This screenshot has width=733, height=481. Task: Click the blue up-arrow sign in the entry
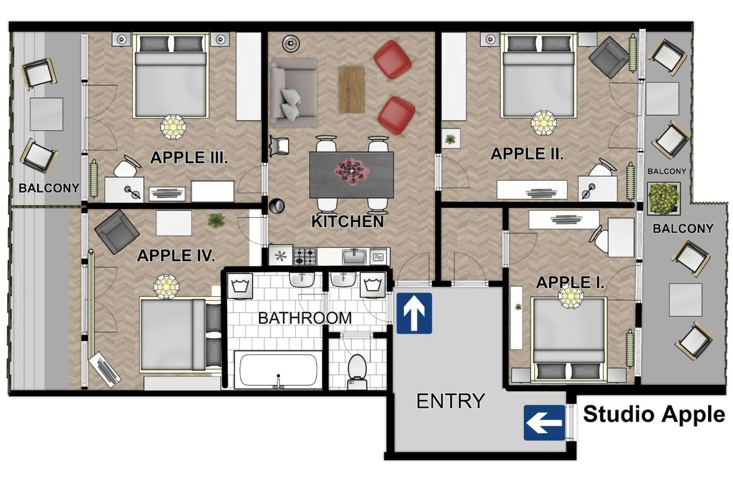pos(414,313)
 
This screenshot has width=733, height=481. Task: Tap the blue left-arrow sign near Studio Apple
pos(544,422)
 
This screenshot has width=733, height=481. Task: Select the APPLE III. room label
pos(189,158)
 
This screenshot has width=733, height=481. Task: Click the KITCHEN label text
pos(347,222)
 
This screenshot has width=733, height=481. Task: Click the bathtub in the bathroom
pos(278,370)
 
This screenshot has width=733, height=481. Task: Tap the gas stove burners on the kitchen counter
pos(305,256)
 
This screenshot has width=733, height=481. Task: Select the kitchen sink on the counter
pos(354,257)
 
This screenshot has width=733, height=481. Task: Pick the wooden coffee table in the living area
pos(351,89)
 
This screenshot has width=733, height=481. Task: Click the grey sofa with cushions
pos(294,93)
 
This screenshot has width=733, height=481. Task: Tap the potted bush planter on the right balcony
pos(663,198)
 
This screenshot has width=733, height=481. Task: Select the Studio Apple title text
pos(654,414)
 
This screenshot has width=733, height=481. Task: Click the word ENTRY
pos(450,401)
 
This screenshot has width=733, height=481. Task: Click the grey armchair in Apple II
pos(608,58)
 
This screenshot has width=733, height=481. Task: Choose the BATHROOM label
pos(305,318)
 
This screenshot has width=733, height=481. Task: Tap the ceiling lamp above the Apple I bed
pos(571,296)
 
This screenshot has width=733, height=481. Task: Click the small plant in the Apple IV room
pos(216,220)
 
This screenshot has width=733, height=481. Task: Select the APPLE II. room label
pos(527,154)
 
